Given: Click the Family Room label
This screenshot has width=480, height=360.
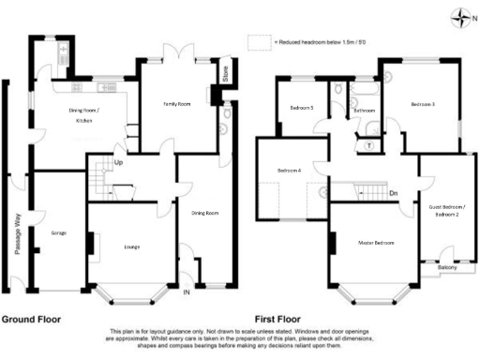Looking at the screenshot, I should click(177, 104).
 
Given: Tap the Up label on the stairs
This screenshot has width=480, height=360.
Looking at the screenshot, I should click(118, 162).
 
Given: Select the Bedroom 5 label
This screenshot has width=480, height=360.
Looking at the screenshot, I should click(300, 109).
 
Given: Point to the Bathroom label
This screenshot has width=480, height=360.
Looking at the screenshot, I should click(364, 110).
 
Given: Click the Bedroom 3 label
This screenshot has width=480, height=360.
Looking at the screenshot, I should click(422, 104).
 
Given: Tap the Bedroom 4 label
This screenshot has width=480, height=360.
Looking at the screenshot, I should click(289, 170).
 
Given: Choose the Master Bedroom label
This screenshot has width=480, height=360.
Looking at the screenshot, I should click(375, 243).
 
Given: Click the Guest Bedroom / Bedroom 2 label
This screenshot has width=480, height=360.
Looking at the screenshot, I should click(446, 210).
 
